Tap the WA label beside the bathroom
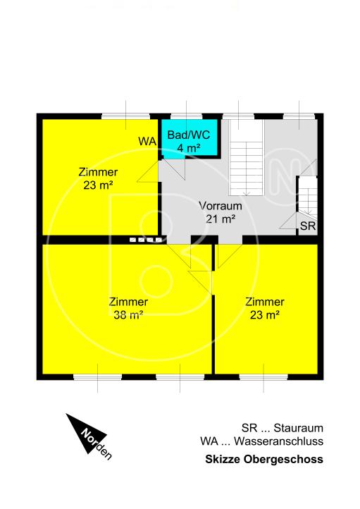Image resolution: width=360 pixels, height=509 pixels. (x=147, y=142)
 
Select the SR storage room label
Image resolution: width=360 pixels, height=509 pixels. (x=307, y=226)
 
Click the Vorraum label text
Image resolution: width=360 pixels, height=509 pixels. (x=221, y=207)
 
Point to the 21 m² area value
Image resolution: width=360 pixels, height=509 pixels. (x=221, y=219)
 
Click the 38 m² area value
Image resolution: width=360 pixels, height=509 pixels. (x=128, y=315)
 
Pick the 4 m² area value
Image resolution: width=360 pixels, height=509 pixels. (x=189, y=148)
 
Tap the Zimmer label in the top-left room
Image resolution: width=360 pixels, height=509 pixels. (x=98, y=172)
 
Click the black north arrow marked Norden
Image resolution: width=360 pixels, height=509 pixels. (x=88, y=435)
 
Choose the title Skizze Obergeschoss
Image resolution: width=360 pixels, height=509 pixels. (x=263, y=459)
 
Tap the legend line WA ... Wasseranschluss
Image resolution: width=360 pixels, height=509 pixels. (x=261, y=442)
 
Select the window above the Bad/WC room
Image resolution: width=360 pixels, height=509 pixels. (x=186, y=116)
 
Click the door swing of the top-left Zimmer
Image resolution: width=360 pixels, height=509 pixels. (x=149, y=171)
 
